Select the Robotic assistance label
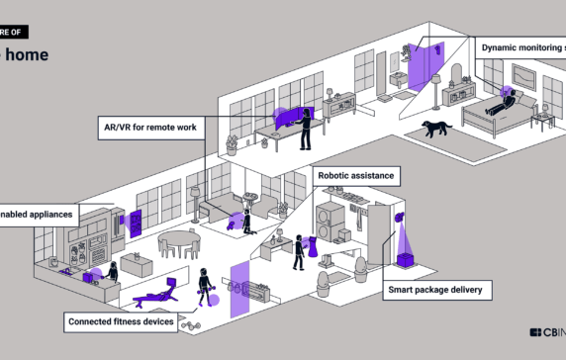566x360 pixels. pyautogui.click(x=356, y=176)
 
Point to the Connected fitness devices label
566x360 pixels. pyautogui.click(x=122, y=321)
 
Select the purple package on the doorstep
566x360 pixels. pyautogui.click(x=405, y=260)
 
